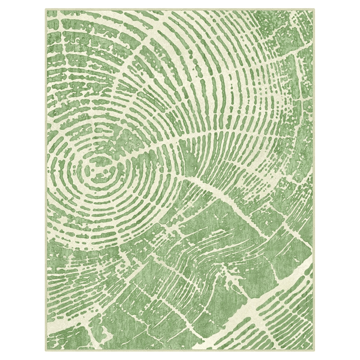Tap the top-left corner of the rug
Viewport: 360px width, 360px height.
[x=45, y=9]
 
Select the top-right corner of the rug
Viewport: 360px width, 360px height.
[x=314, y=9]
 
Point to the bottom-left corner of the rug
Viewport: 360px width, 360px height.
[x=45, y=351]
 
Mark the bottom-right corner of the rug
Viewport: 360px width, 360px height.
[x=314, y=351]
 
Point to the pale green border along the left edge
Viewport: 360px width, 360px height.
[x=46, y=180]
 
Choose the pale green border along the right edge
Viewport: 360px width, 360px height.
[x=313, y=180]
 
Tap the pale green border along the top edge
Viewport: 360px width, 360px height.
[x=180, y=10]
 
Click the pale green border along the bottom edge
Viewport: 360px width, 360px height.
[x=180, y=350]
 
